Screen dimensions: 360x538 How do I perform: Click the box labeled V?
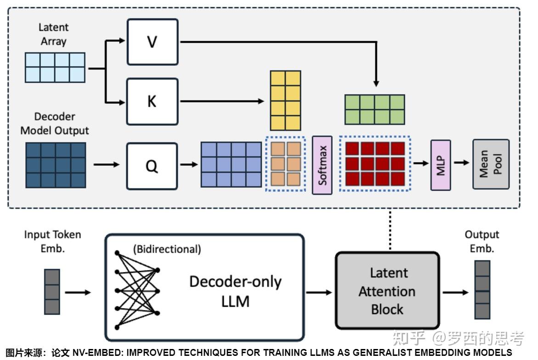tap(152, 42)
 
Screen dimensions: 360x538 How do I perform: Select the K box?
tap(152, 101)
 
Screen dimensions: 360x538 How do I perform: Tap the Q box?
tap(152, 166)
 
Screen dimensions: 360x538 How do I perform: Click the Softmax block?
tap(322, 165)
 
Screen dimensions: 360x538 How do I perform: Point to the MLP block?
tap(441, 165)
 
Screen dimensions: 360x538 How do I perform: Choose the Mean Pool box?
tap(491, 164)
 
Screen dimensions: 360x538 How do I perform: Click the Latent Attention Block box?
tap(387, 291)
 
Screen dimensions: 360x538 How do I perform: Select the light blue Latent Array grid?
tap(55, 67)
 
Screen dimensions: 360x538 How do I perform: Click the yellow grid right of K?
tap(285, 101)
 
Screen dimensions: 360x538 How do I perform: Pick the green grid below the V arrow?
tap(375, 110)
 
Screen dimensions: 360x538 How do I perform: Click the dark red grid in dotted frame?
tap(375, 163)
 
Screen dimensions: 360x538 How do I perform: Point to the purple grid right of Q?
tap(231, 164)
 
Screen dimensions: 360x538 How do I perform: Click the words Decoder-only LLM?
tap(235, 291)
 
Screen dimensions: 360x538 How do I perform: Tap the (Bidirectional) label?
tap(167, 249)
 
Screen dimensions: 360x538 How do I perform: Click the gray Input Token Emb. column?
tap(52, 292)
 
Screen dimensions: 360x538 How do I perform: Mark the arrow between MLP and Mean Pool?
tap(463, 163)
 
